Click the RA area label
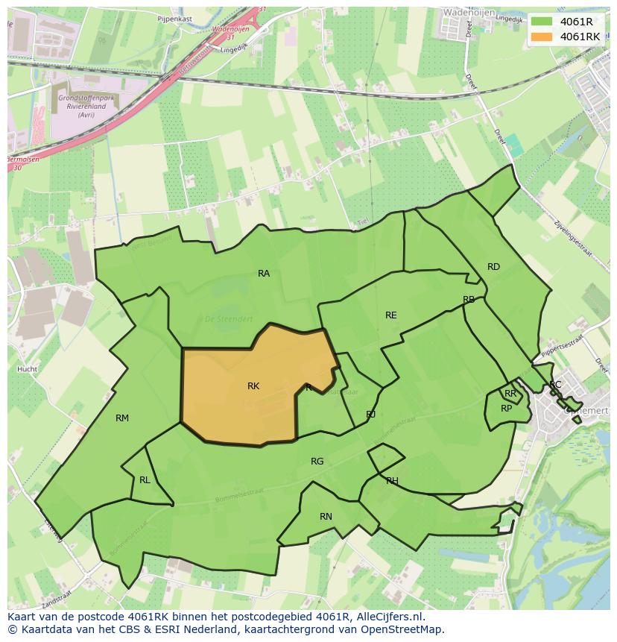(264, 274)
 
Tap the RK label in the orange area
(253, 386)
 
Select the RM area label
(122, 418)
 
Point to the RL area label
(145, 480)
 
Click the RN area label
(326, 517)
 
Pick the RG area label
(317, 462)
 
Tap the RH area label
(392, 481)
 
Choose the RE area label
(391, 315)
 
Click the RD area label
(493, 267)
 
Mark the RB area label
(469, 300)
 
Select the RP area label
(506, 409)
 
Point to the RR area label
(510, 394)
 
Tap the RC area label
(555, 385)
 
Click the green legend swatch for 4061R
(542, 22)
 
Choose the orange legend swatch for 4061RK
(542, 37)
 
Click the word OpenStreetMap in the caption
(402, 629)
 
